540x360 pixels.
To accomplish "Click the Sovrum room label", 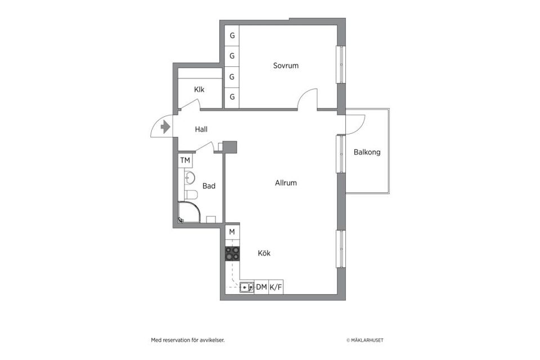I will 286,66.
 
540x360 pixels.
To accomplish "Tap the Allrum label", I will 286,183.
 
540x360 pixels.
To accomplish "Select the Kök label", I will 264,253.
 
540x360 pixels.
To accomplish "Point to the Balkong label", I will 367,152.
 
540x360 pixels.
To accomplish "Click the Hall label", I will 201,129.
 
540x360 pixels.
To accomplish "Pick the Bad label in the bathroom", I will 209,186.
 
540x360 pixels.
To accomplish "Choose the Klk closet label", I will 199,89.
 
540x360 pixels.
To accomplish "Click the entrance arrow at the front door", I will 165,127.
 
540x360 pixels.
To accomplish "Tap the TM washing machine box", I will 185,161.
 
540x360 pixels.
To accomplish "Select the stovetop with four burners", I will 232,254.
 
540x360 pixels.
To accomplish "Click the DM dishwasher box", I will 262,287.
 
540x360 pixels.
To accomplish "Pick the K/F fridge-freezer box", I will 276,287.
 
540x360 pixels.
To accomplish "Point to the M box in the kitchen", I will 232,232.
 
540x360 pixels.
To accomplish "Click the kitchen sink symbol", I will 246,287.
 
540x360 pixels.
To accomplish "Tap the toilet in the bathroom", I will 191,195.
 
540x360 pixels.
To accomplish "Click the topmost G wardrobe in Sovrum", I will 232,35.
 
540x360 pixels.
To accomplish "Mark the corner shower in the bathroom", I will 188,213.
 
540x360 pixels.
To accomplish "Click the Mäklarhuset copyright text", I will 365,340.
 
